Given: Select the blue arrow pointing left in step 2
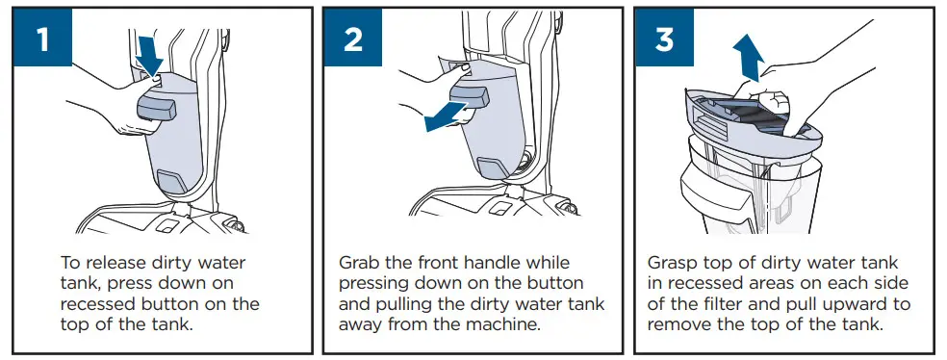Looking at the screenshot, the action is pos(447,116).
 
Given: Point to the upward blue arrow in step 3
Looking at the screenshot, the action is pos(749,58).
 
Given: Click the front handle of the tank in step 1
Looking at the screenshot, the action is pos(157,107).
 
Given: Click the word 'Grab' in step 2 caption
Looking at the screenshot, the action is pos(361,264).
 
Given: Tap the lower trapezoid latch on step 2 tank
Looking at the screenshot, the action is pos(493,167).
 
